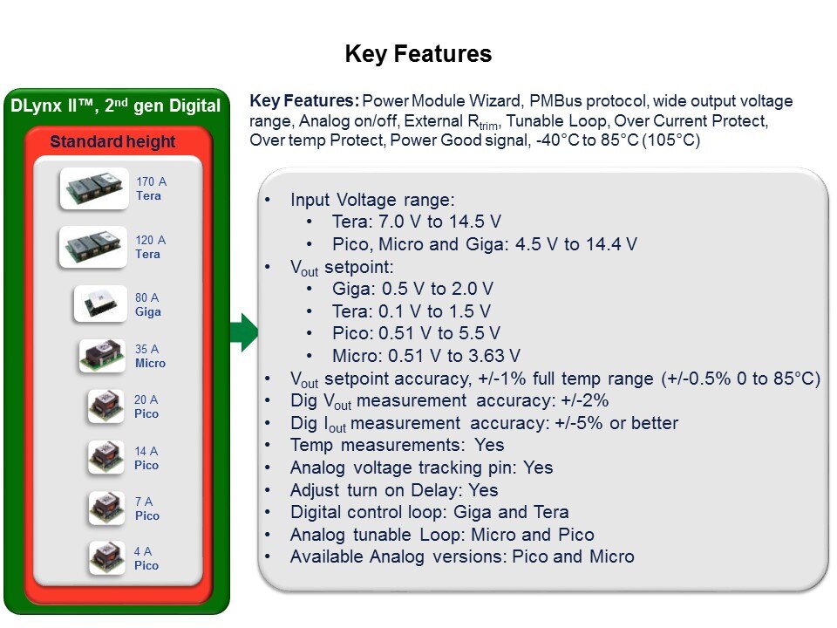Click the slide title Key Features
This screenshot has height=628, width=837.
[x=418, y=54]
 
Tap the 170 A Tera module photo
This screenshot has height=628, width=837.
[x=94, y=188]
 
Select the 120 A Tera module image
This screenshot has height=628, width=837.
[x=93, y=247]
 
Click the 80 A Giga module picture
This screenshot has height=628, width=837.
[x=100, y=304]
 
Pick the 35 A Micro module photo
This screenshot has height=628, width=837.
[x=103, y=355]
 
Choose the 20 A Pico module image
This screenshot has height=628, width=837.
[x=106, y=406]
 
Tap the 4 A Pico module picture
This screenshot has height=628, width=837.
[x=106, y=557]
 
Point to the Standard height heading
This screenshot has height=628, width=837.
[x=112, y=141]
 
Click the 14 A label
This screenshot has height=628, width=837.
[x=146, y=451]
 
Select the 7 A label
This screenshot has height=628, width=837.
[x=144, y=502]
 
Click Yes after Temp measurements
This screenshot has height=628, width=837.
[x=489, y=445]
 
